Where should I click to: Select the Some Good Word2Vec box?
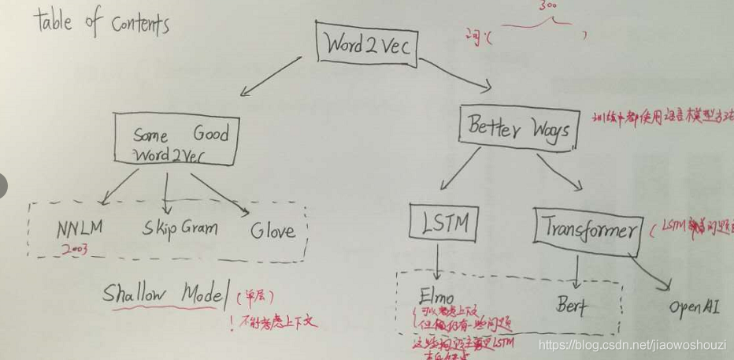pyautogui.click(x=174, y=143)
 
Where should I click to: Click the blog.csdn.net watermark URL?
pyautogui.click(x=634, y=344)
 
